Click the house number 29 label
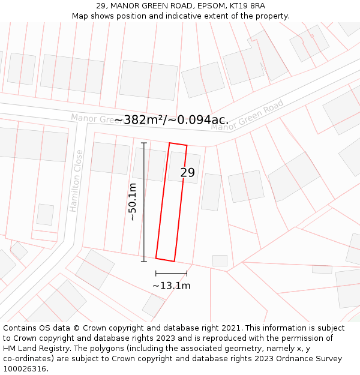188,173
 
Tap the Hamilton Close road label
76,181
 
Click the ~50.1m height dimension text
133,202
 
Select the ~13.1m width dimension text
171,286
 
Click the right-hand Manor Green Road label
247,116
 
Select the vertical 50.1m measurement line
144,202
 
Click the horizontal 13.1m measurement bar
171,274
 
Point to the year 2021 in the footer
229,328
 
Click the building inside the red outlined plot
182,167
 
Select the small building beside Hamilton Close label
45,214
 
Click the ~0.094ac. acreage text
201,120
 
